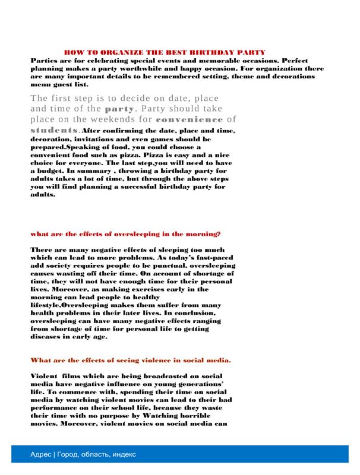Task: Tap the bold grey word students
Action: [54, 129]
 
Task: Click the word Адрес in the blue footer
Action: [40, 454]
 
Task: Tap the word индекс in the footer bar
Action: [123, 454]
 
